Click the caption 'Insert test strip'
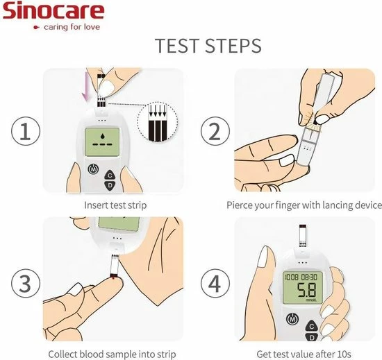pyautogui.click(x=115, y=205)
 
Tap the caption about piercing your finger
pyautogui.click(x=304, y=205)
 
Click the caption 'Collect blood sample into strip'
pyautogui.click(x=112, y=354)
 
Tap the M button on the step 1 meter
pyautogui.click(x=93, y=169)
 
